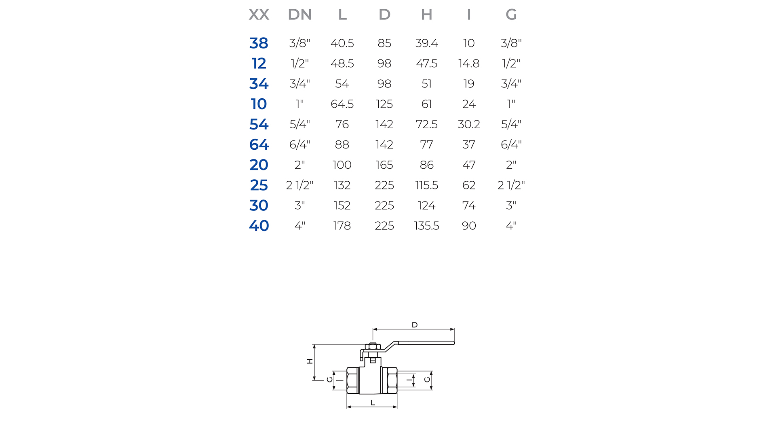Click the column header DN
299,15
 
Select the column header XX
259,15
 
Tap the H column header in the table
426,15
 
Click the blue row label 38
259,43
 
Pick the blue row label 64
259,144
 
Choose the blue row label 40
259,226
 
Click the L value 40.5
342,43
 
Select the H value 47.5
426,64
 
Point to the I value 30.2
468,124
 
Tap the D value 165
384,165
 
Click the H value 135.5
426,226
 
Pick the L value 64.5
342,104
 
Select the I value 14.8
468,64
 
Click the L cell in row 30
342,206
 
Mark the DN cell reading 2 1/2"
299,185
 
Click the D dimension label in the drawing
415,325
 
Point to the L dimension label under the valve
373,403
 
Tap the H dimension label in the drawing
310,361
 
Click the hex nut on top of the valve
372,346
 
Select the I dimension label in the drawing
409,380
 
